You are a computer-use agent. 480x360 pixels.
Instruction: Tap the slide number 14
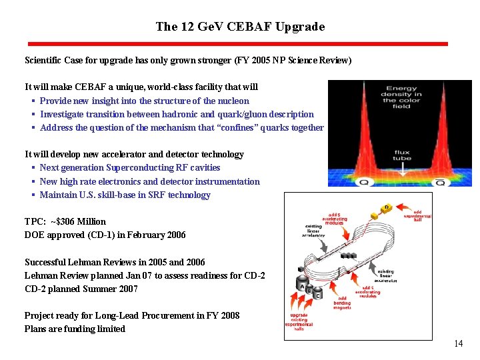(458, 344)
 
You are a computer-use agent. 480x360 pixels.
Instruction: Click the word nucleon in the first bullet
(233, 101)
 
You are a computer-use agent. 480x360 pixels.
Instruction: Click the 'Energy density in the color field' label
(401, 97)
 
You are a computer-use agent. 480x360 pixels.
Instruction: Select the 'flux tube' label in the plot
(401, 155)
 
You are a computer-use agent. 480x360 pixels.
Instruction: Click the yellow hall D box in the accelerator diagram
(386, 208)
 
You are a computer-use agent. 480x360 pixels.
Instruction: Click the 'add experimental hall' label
(422, 215)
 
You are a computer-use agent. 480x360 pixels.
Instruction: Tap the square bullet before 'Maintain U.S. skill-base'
(33, 195)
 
